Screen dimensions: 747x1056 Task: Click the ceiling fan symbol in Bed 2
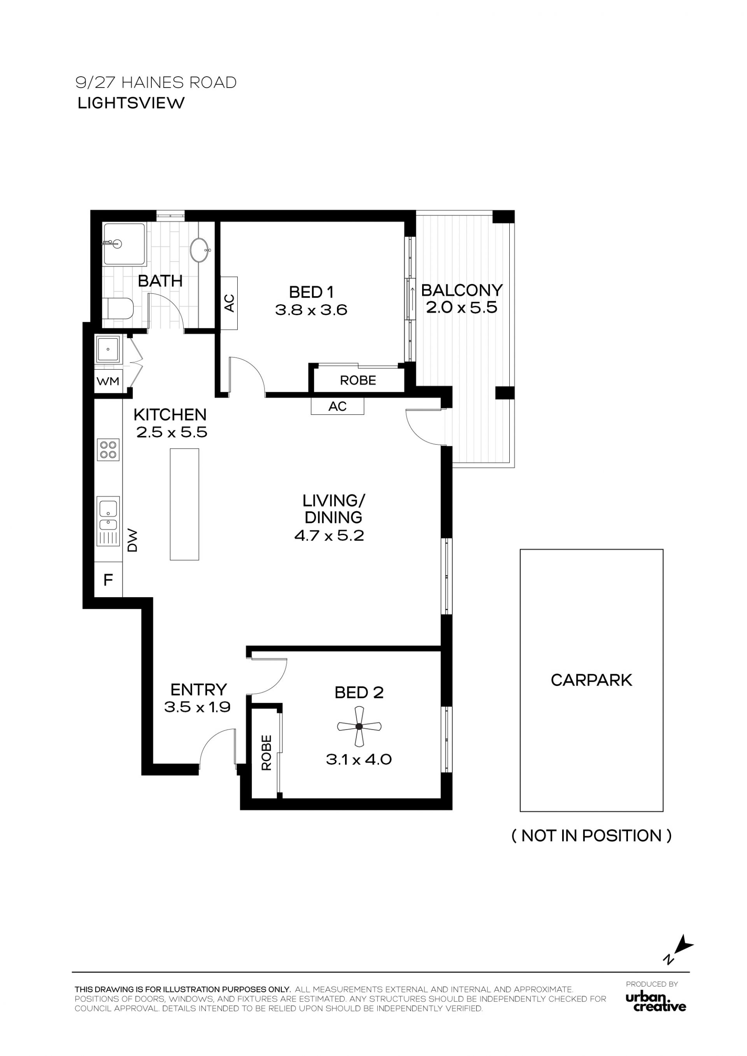[359, 727]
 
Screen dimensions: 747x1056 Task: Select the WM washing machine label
[108, 381]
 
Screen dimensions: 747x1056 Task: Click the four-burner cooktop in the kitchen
[108, 449]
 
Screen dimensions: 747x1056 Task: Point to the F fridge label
[108, 580]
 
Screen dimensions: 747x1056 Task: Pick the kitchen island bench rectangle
[184, 504]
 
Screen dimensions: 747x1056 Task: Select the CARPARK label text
[591, 680]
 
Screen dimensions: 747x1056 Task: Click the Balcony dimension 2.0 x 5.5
[461, 307]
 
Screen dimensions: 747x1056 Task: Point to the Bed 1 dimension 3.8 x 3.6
[311, 310]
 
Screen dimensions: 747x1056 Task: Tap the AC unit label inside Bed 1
[229, 303]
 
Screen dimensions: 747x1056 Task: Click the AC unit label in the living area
[337, 406]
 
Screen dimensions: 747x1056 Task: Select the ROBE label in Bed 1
[358, 381]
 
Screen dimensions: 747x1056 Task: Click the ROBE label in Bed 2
[267, 753]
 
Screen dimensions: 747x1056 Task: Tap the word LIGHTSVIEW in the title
[131, 103]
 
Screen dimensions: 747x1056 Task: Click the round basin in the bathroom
[200, 250]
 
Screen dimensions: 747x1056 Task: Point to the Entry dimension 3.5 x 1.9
[197, 707]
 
